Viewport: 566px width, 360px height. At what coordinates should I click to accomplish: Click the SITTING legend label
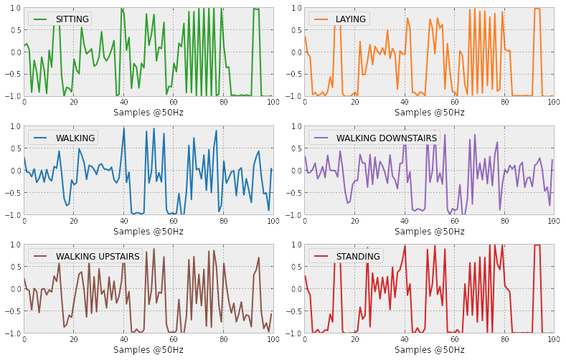[72, 19]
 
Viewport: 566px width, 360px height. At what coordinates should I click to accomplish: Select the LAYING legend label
[350, 19]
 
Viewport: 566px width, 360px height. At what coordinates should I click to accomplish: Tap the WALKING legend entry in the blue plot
[75, 138]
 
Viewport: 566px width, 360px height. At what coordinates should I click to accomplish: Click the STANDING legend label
[358, 256]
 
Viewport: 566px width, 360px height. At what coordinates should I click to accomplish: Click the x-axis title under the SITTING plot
[148, 113]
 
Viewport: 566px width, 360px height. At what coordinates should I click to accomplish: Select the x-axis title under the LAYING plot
[429, 113]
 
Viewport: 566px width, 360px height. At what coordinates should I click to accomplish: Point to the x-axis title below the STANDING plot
[429, 350]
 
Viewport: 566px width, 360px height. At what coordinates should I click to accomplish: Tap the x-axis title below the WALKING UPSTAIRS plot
[148, 350]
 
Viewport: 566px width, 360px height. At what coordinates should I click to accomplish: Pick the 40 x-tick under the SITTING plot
[123, 103]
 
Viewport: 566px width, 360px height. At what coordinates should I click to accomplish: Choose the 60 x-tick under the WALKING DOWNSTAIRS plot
[454, 222]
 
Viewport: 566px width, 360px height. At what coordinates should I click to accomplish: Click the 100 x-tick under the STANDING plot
[553, 340]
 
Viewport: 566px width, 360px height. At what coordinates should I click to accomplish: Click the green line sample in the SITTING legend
[40, 19]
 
